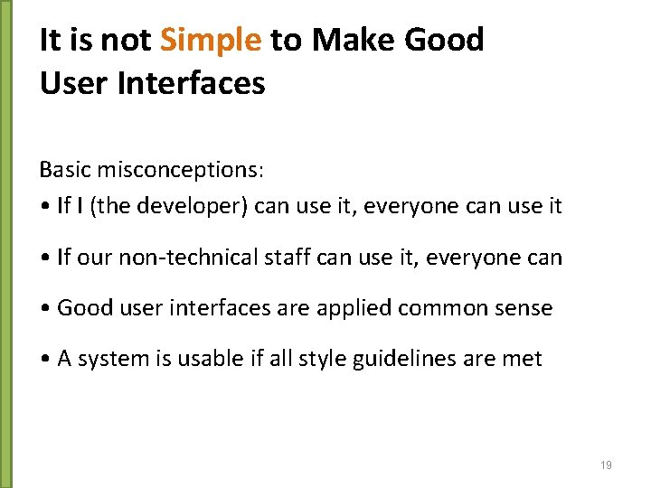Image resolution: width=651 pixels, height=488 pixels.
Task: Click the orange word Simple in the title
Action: click(211, 41)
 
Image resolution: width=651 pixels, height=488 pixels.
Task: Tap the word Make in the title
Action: click(350, 41)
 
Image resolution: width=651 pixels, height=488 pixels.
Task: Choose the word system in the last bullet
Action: click(105, 359)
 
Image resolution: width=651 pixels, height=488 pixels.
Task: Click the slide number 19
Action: click(606, 465)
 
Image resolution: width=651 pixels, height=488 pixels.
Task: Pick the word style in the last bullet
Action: click(308, 359)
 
